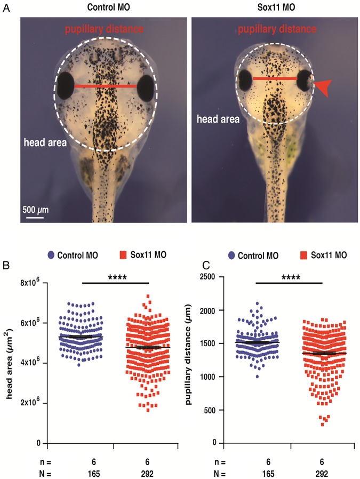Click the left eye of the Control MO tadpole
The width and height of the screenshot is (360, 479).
pyautogui.click(x=66, y=85)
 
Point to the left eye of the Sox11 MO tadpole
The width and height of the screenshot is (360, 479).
pyautogui.click(x=245, y=81)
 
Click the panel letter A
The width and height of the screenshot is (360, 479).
pyautogui.click(x=6, y=9)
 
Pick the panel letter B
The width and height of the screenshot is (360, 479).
pyautogui.click(x=6, y=263)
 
